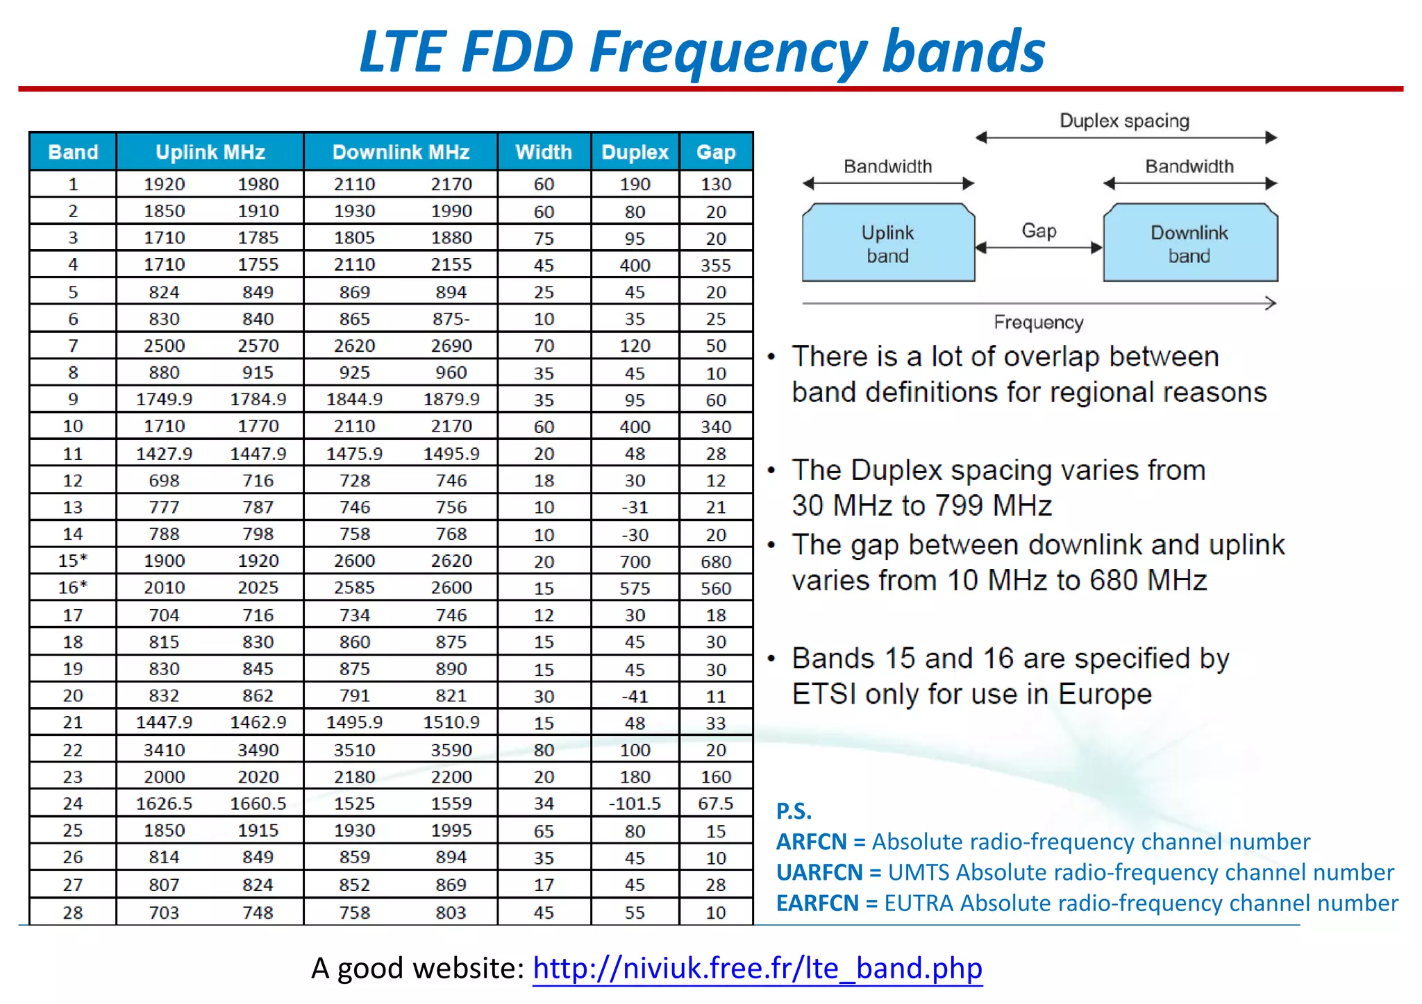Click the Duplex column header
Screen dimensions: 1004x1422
click(x=635, y=152)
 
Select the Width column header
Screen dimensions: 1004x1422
click(x=544, y=152)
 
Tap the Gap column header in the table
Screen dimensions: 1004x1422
click(x=716, y=152)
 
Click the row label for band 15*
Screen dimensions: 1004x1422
click(x=72, y=561)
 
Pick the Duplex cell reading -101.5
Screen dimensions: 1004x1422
click(x=635, y=803)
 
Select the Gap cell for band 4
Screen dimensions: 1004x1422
click(x=716, y=265)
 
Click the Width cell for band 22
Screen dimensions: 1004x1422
click(x=544, y=750)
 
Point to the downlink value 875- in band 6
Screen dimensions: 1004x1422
click(x=451, y=319)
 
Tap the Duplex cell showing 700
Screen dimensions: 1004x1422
click(x=635, y=561)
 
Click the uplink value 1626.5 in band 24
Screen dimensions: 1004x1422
click(x=164, y=803)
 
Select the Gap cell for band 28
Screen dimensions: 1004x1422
click(x=716, y=912)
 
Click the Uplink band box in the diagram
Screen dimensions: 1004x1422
click(x=887, y=244)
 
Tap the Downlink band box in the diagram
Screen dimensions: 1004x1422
click(x=1189, y=244)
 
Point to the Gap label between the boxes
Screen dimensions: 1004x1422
click(x=1039, y=230)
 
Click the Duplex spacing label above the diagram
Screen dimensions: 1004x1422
click(x=1124, y=121)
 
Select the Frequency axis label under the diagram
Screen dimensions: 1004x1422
click(x=1038, y=323)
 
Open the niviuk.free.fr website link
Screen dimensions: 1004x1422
click(x=757, y=968)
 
